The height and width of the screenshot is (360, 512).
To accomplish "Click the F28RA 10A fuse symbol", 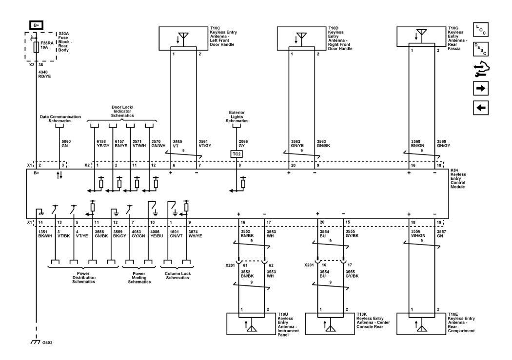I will (x=36, y=48).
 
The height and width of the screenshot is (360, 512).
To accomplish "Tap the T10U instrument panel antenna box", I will (x=251, y=323).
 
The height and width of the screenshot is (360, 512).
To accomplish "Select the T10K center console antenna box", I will (x=330, y=323).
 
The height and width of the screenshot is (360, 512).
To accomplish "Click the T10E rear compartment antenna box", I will (x=420, y=323).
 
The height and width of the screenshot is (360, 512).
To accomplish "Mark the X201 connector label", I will (x=230, y=266).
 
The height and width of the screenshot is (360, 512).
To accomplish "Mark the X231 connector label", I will (x=309, y=266).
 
